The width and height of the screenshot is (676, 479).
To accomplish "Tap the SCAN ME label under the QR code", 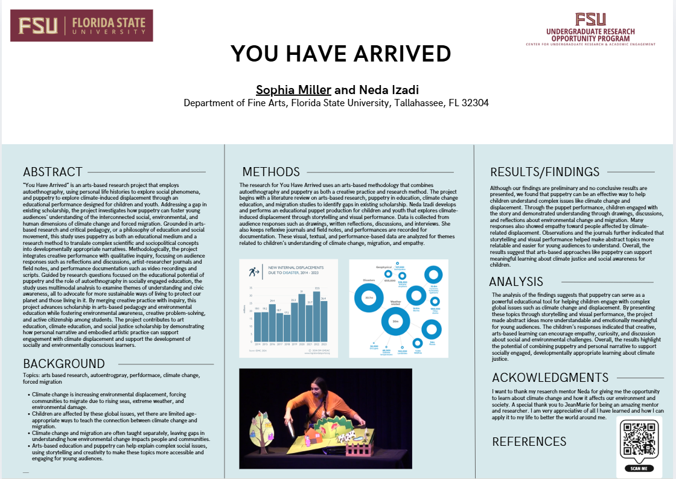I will point(639,468).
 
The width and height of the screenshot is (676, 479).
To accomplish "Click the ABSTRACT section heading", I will point(53,172).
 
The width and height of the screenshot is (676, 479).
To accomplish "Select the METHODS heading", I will point(271,172).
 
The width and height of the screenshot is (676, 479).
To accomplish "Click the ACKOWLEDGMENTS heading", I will point(550,378).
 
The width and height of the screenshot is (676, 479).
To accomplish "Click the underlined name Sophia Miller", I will point(293,90).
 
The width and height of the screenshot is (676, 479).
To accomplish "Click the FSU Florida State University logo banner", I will point(81,25).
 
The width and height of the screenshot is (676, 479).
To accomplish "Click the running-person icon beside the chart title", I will point(253,272).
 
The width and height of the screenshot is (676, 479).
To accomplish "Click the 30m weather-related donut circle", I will point(396,322).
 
